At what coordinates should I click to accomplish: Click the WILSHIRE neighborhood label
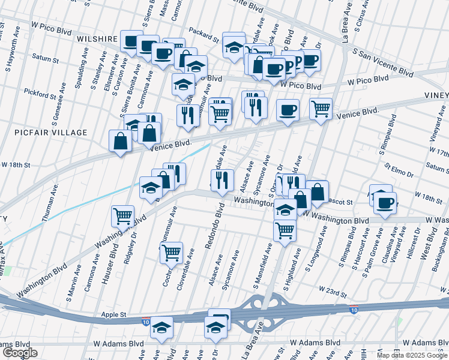pos(97,38)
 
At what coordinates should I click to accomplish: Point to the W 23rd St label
pos(333,292)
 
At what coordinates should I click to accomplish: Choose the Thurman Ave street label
pos(52,202)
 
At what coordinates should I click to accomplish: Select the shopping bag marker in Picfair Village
pos(121,141)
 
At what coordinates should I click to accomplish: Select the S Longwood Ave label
pos(324,248)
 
